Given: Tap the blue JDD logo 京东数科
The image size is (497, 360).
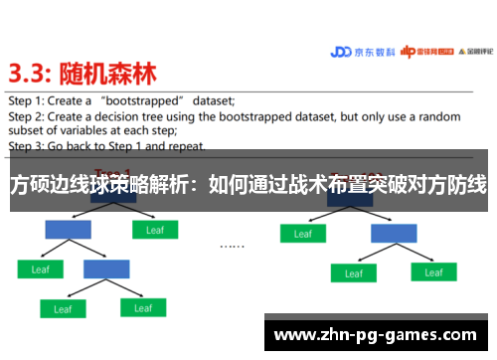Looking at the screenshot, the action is point(362,53).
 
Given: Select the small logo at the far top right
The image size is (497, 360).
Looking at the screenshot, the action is point(467,53).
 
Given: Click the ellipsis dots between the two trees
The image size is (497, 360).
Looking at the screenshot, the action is point(232,244).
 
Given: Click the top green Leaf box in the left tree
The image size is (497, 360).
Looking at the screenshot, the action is point(155,230).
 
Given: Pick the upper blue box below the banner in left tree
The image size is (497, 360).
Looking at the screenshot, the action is point(69,230).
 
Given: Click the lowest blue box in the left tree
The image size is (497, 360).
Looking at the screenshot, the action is point(106,269).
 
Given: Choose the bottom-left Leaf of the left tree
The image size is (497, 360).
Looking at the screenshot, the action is point(62,308).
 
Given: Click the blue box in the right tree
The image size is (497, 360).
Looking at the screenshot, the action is point(394,234).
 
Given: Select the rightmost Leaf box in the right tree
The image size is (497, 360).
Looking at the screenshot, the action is point(433,271).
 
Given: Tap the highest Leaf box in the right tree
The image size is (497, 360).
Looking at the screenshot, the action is point(302,234).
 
